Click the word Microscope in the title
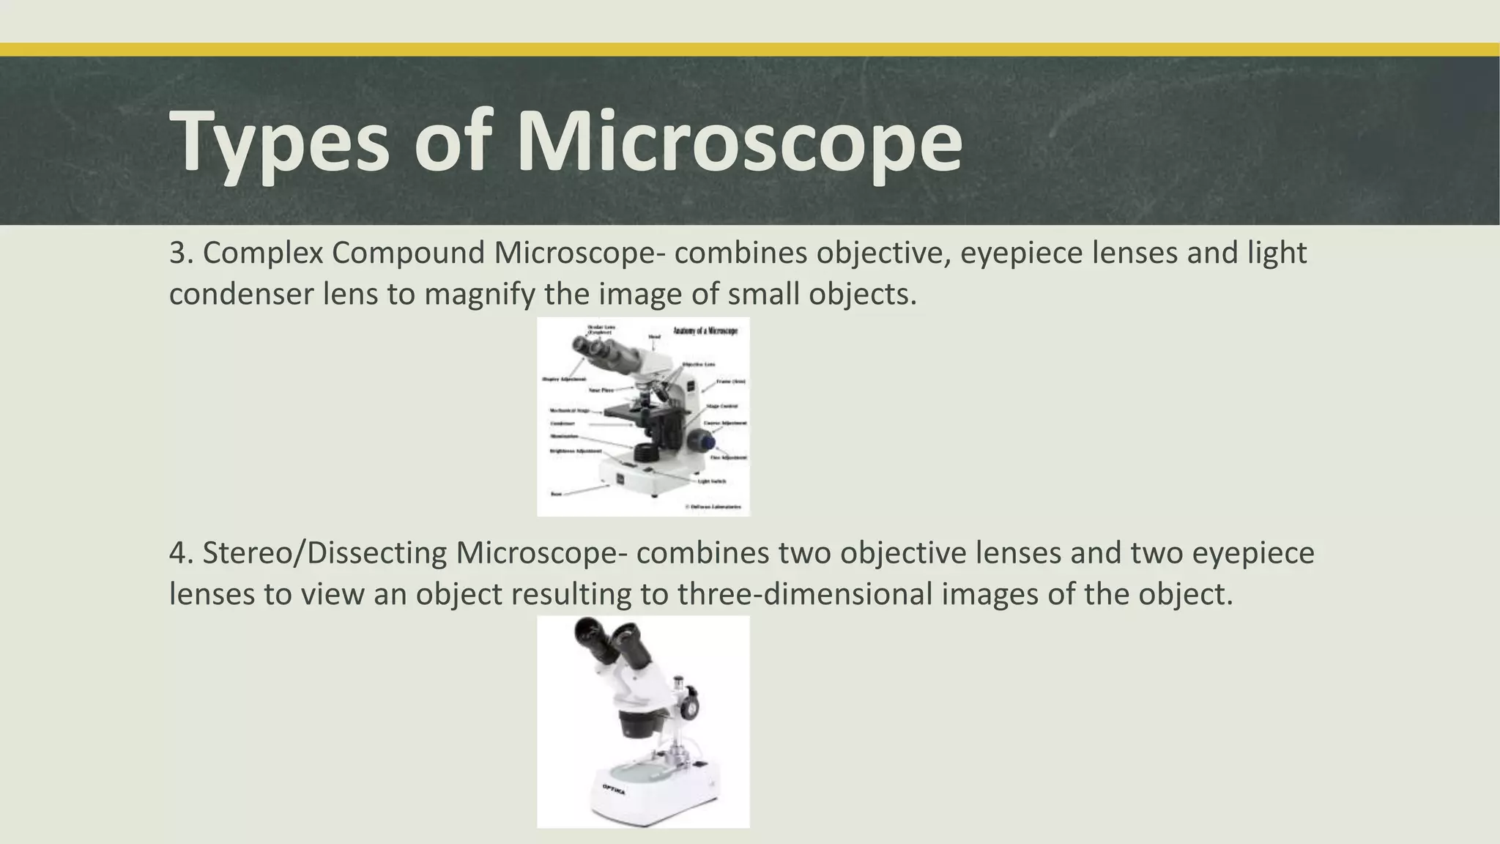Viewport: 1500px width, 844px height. tap(739, 141)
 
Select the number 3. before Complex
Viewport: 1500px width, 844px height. tap(180, 253)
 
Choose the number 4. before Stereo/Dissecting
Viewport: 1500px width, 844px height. tap(180, 552)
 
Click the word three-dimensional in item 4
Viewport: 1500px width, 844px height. tap(805, 593)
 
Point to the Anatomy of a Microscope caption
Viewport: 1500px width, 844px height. tap(705, 331)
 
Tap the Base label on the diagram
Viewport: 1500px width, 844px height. tap(556, 494)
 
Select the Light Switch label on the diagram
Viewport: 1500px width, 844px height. tap(711, 481)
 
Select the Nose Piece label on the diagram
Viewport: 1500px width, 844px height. tap(601, 390)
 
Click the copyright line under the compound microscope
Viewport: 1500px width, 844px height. tap(713, 506)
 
